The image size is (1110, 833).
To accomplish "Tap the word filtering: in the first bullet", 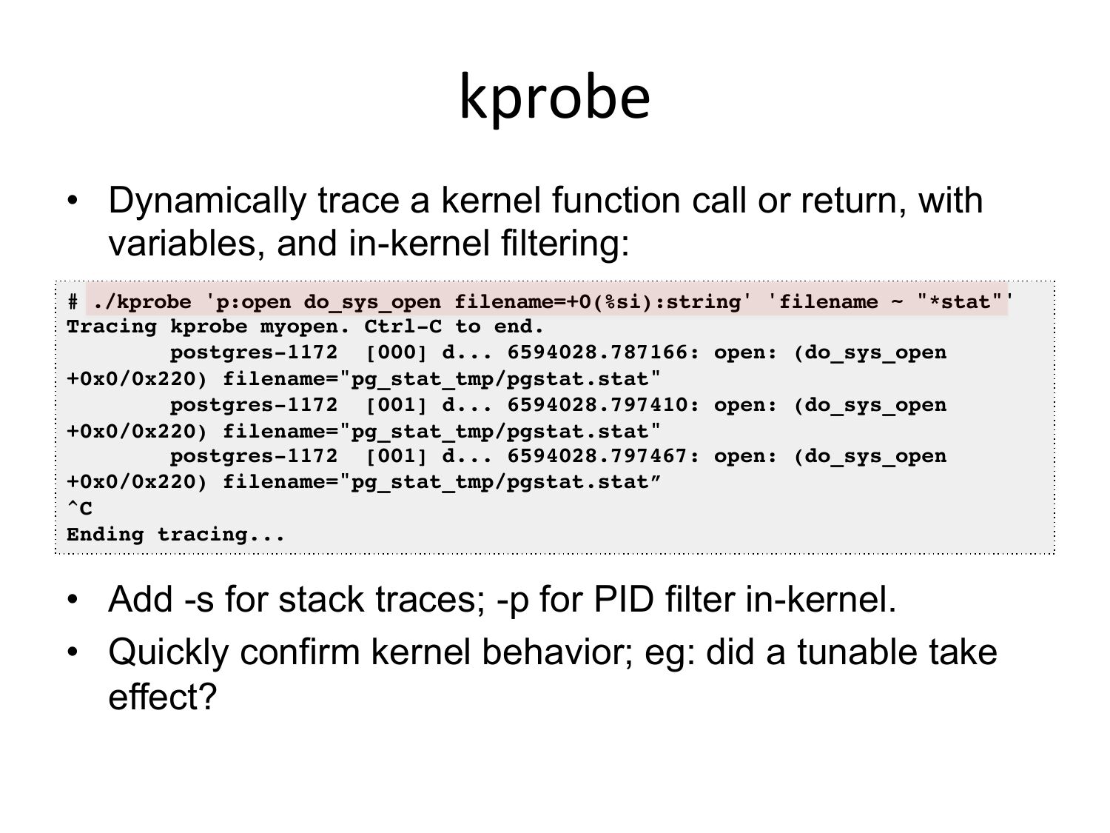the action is coord(565,244).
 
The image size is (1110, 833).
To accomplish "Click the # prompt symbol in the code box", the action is coord(73,302).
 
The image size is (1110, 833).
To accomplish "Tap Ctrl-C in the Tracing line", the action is coord(403,327).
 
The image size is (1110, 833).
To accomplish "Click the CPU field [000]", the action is coord(396,352).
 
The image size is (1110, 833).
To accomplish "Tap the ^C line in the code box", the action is coord(80,508).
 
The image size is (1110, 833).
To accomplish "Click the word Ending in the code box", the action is coord(105,535).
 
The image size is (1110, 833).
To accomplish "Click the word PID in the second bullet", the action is coord(624,600).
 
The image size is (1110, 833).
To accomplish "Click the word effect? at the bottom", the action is coord(162,697).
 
